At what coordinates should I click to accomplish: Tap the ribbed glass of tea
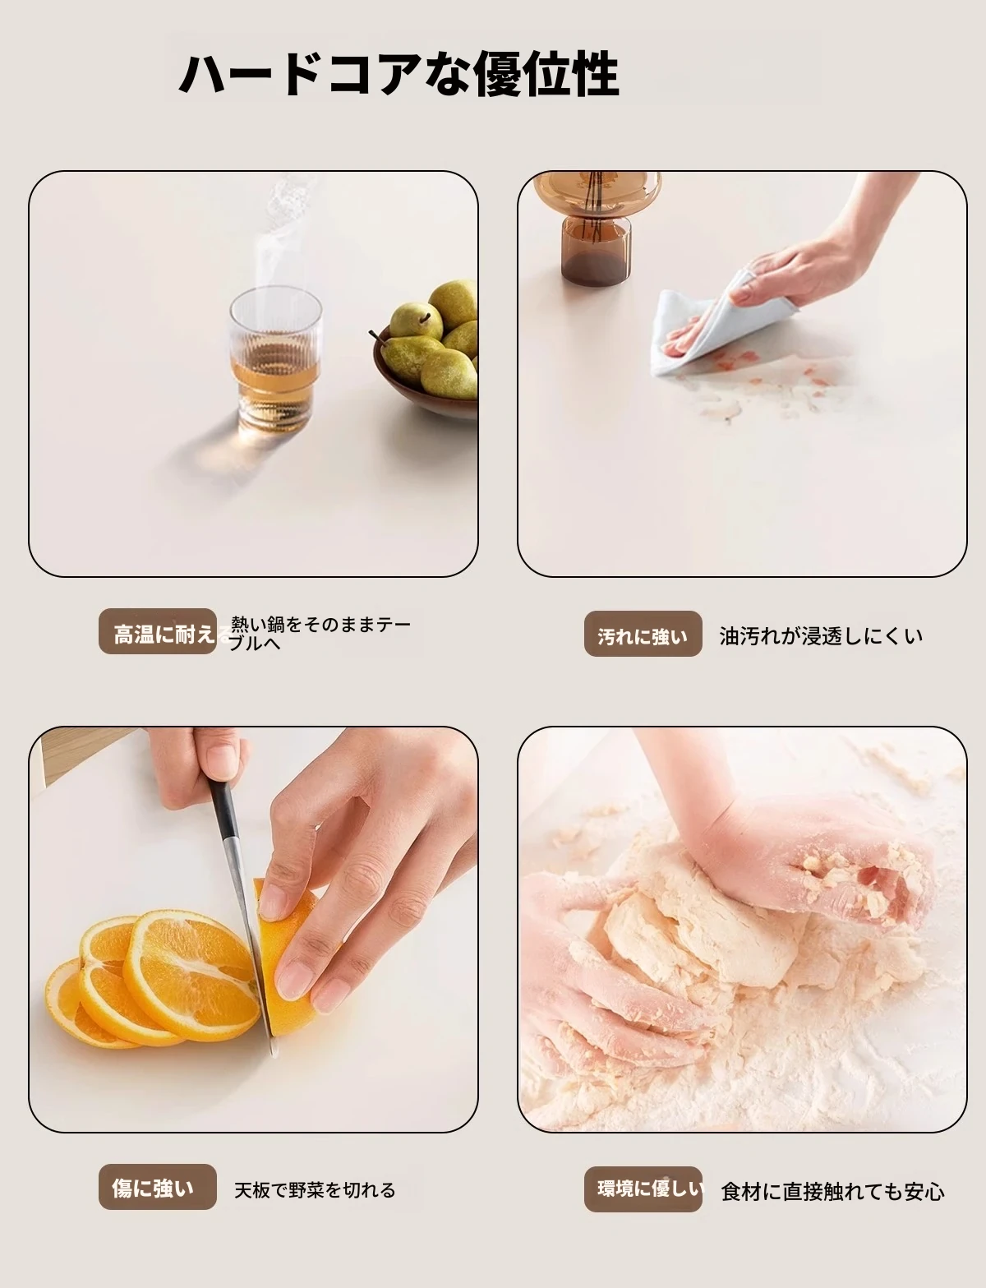[276, 358]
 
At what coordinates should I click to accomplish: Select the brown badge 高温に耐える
[158, 632]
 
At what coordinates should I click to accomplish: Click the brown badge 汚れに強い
[643, 635]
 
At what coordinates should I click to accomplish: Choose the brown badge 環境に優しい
[643, 1189]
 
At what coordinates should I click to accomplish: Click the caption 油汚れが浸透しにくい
[822, 636]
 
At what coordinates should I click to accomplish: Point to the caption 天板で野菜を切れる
[315, 1189]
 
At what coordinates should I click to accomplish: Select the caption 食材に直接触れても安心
[832, 1191]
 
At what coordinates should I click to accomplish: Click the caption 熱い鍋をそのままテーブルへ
[320, 634]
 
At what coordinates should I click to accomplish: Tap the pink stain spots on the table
[740, 380]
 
